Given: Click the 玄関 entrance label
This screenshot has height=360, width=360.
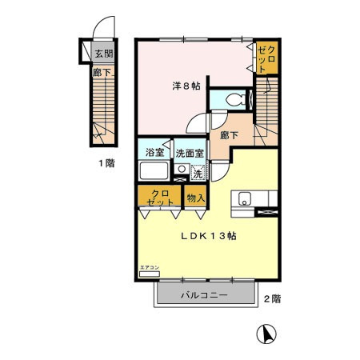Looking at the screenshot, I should click(103, 54).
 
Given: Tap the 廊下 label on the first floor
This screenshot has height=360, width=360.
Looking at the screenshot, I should click(102, 72).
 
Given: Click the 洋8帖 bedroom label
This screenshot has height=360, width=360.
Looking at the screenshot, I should click(184, 85).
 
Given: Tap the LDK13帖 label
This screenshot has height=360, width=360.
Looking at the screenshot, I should click(206, 236).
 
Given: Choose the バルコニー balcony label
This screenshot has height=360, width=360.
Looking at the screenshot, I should click(205, 295).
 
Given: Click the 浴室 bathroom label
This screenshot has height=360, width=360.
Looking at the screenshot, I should click(154, 153).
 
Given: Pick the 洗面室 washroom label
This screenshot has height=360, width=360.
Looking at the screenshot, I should click(190, 153).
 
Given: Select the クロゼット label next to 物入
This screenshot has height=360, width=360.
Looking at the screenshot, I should click(159, 198).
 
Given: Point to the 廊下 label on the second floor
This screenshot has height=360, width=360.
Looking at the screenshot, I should click(229, 136).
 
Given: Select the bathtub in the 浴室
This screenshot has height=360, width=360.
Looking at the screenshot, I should click(154, 171).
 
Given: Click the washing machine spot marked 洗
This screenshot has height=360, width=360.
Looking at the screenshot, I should click(197, 170).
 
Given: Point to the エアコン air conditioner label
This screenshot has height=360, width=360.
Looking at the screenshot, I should click(150, 268).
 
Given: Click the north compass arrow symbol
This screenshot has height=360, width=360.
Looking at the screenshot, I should click(269, 334).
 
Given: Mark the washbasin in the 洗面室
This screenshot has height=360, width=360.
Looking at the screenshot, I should click(182, 170).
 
